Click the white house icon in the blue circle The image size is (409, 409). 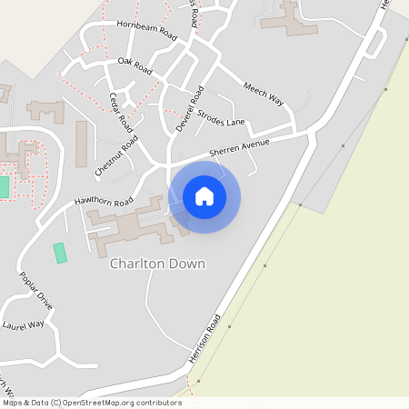tap(204, 196)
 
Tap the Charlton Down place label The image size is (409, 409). tap(157, 264)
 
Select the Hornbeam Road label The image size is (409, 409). tap(146, 29)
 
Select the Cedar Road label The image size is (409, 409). tap(121, 112)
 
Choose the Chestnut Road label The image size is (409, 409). tap(116, 155)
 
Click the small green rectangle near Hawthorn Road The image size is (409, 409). tap(60, 253)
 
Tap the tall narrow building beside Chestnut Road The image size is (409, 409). tap(81, 144)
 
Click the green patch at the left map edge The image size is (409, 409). tap(4, 186)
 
